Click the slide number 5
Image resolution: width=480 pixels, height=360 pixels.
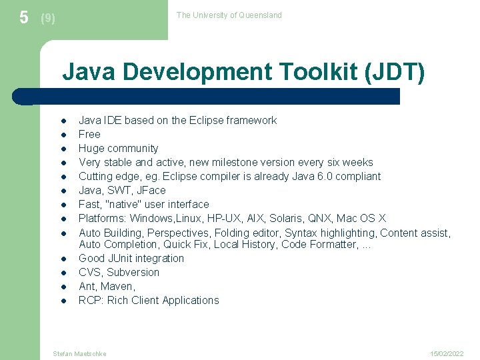tap(24, 17)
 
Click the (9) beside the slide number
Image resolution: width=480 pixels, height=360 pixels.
tap(48, 19)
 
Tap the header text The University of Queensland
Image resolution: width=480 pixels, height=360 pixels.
tap(229, 15)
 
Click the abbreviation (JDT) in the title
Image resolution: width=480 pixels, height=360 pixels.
tap(395, 71)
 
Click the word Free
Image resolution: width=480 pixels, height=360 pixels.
tap(89, 134)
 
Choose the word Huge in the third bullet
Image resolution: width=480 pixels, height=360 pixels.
tap(91, 149)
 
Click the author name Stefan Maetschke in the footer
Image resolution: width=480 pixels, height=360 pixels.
tap(79, 353)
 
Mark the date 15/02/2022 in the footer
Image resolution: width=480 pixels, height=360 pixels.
tap(447, 353)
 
